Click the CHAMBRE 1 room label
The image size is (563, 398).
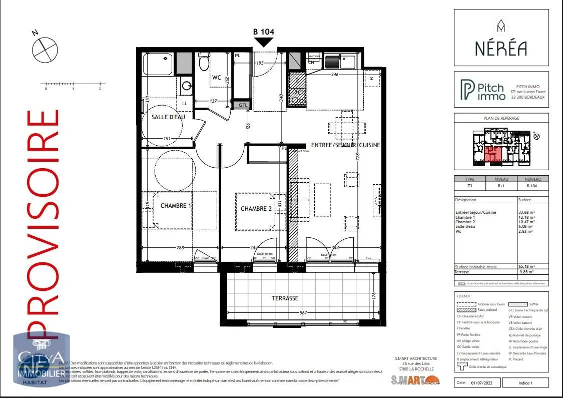pyautogui.click(x=176, y=206)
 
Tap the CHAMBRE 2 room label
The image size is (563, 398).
pyautogui.click(x=256, y=208)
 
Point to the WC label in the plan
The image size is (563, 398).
pyautogui.click(x=216, y=78)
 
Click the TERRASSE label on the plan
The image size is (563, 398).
pyautogui.click(x=285, y=298)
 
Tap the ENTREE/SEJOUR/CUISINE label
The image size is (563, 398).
pyautogui.click(x=345, y=145)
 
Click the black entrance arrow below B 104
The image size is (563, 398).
pyautogui.click(x=264, y=43)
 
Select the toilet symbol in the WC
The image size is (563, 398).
pyautogui.click(x=203, y=61)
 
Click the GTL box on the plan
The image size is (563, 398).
pyautogui.click(x=243, y=105)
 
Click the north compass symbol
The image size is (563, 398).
pyautogui.click(x=43, y=48)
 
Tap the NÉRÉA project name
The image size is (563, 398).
pyautogui.click(x=500, y=49)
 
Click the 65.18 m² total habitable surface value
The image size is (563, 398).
pyautogui.click(x=526, y=267)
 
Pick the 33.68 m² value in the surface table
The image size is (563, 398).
pyautogui.click(x=526, y=212)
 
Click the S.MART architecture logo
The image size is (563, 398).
pyautogui.click(x=415, y=379)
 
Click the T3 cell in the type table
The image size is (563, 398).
pyautogui.click(x=469, y=185)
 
